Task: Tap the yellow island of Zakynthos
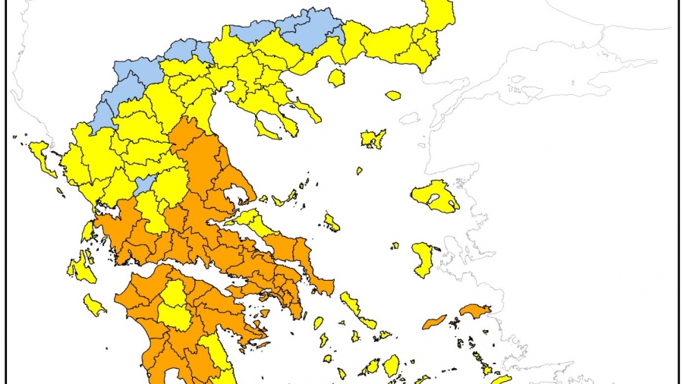click(95, 305)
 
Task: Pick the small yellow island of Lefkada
click(87, 230)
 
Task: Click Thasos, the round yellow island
click(336, 77)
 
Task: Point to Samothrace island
click(392, 96)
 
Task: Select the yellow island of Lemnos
click(373, 139)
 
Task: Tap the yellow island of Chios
click(423, 259)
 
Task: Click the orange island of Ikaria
click(434, 322)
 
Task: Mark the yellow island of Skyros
click(332, 222)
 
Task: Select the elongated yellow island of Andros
click(350, 304)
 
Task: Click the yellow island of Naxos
click(391, 365)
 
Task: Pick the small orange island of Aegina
click(264, 313)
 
